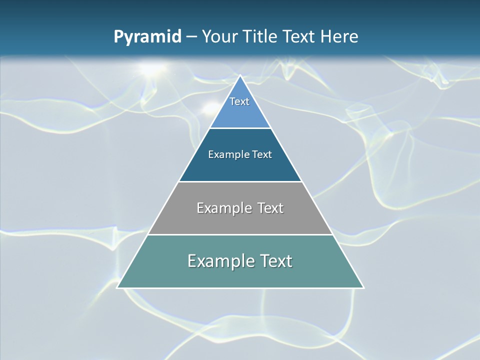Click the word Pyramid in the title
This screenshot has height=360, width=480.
click(x=147, y=37)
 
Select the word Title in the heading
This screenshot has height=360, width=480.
click(x=260, y=36)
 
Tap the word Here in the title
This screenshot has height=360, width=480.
click(x=339, y=36)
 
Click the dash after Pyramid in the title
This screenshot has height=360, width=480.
click(x=191, y=37)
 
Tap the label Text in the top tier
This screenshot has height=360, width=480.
click(x=239, y=101)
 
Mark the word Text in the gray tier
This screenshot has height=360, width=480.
click(x=270, y=208)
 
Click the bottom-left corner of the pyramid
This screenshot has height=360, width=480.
click(x=118, y=287)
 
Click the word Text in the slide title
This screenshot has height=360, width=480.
click(x=299, y=36)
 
